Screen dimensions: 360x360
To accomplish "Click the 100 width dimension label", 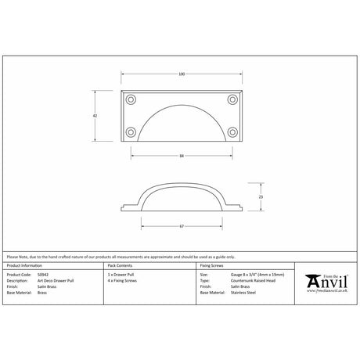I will point(182,74).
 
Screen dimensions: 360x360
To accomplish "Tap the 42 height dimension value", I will point(95,115).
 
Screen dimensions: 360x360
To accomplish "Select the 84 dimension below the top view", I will point(182,157).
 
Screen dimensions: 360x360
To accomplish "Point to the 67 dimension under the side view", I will point(182,226).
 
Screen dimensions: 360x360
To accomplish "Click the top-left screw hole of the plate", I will point(131,99).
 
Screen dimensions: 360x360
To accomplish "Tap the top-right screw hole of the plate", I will point(232,99).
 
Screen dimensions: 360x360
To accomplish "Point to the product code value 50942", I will point(43,275).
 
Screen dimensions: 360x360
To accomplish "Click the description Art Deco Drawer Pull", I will point(56,280).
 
